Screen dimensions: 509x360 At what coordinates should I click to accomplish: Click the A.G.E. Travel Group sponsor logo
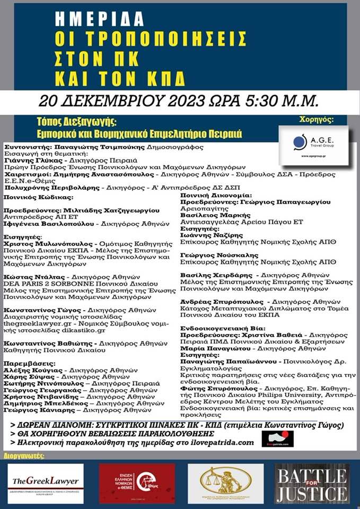tap(313, 143)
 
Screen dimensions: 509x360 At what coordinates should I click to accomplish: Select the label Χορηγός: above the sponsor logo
tap(317, 120)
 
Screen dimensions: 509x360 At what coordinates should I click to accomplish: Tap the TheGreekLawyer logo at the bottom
tap(45, 482)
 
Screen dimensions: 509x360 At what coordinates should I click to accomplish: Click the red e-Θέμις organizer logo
tap(137, 482)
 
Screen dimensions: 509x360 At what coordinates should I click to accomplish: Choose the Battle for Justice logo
tap(312, 483)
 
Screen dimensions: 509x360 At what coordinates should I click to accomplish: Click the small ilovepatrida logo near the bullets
tap(277, 438)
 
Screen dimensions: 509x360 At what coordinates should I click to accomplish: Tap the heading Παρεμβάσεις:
tap(28, 364)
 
